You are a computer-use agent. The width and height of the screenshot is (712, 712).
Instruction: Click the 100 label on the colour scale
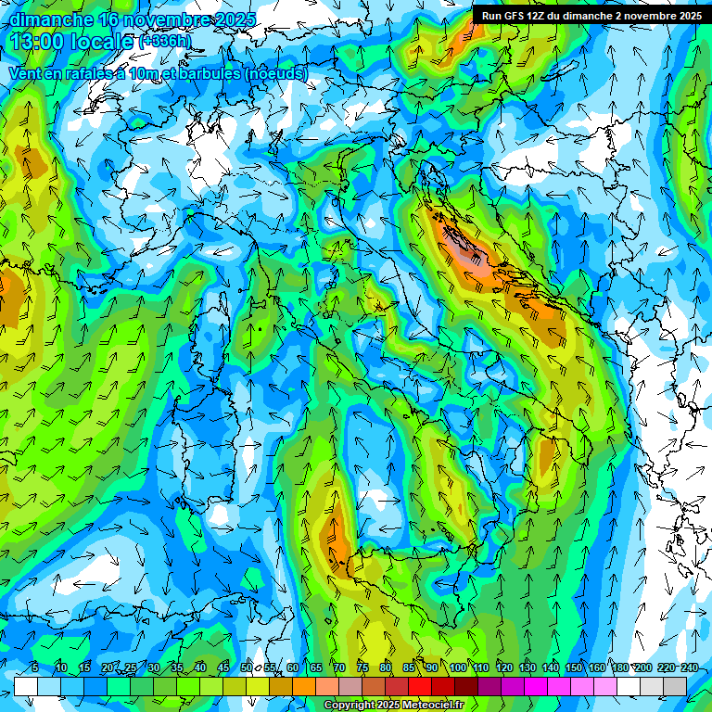(458, 668)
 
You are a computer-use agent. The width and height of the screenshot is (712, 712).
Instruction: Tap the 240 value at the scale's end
(690, 668)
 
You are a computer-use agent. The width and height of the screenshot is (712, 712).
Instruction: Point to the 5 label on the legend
(35, 668)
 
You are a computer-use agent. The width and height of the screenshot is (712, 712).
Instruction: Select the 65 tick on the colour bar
(316, 668)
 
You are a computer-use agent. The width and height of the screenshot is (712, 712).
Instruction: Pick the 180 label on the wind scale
(619, 668)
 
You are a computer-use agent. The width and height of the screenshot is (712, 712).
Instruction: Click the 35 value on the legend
(177, 668)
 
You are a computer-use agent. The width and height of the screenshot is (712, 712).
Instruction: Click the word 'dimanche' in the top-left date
(51, 19)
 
